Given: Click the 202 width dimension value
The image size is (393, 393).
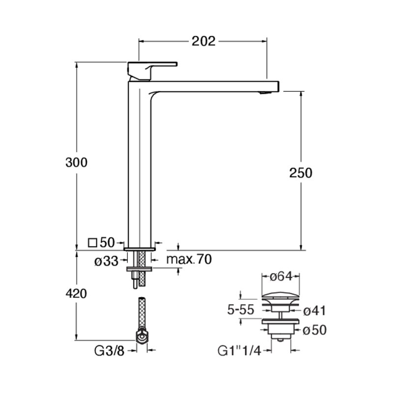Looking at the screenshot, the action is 203,41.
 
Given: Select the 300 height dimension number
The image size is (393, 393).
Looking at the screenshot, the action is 77,162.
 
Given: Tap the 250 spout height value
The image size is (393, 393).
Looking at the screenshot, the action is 301,173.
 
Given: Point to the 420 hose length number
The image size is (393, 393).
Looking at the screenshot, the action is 77,293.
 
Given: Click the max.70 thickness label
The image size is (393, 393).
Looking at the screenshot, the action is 189,259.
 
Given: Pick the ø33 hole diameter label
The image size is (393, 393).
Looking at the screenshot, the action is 106,261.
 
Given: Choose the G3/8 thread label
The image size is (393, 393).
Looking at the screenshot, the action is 109,351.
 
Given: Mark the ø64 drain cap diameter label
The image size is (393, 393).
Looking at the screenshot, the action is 281,277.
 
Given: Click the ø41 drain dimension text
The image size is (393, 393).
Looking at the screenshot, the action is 314,311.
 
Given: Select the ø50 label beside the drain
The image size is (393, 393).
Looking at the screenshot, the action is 315,330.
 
